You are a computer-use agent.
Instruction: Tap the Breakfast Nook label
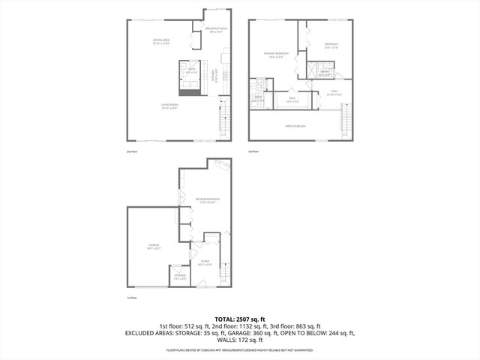pyautogui.click(x=217, y=30)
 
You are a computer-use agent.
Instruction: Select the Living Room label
pyautogui.click(x=169, y=106)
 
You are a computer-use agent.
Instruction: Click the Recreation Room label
pyautogui.click(x=205, y=199)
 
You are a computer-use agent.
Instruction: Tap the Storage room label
pyautogui.click(x=179, y=277)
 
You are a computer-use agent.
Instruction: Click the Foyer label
pyautogui.click(x=205, y=262)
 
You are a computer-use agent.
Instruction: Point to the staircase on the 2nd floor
pyautogui.click(x=223, y=120)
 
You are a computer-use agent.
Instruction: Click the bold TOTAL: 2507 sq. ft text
pyautogui.click(x=239, y=319)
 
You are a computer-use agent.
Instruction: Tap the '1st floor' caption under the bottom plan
pyautogui.click(x=132, y=298)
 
